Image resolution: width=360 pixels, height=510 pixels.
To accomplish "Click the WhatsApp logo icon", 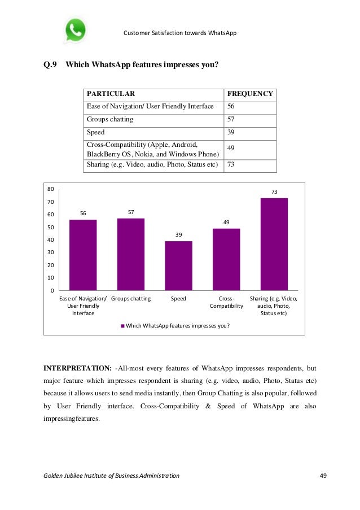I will point(75,30).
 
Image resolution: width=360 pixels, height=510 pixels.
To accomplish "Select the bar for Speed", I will point(178,265).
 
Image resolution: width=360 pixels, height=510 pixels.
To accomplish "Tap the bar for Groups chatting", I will point(131,254).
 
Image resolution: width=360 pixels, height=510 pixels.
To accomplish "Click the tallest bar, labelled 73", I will point(274,244).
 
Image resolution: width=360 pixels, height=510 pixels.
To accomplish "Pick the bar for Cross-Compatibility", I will point(226,259).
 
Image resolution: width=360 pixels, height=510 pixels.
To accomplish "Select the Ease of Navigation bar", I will point(83,255).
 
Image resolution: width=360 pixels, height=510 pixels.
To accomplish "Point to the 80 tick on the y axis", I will point(50,189).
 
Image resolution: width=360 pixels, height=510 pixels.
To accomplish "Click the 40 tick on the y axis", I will point(50,240).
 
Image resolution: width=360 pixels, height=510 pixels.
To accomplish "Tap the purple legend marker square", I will point(122,326).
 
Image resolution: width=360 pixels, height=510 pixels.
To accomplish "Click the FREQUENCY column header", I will point(249,94).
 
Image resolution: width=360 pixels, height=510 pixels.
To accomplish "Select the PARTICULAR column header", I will point(111,94).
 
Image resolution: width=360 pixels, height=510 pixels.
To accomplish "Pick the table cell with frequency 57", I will point(231,120).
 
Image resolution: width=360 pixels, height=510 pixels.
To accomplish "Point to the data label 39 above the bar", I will point(178,234).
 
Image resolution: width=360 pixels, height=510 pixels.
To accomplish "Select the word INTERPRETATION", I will point(77,368).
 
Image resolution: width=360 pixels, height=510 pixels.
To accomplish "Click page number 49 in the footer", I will point(323,476).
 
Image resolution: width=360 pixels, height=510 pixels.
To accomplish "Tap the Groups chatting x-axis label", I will point(131,299).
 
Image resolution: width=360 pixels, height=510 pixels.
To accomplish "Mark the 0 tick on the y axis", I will point(52,291).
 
